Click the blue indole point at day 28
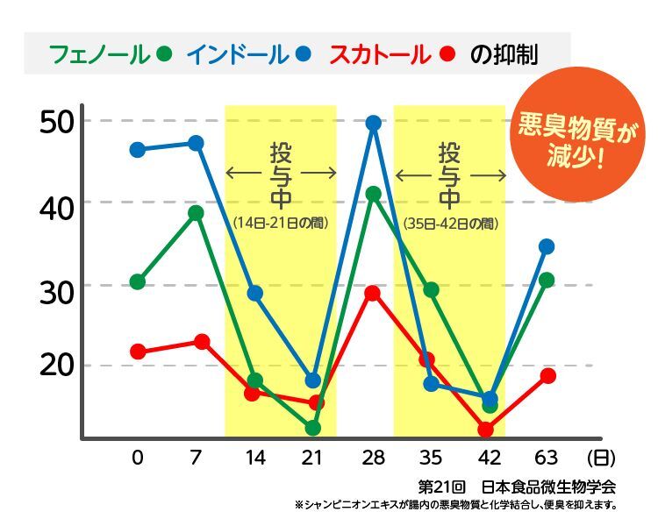tap(373, 124)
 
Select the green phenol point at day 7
tap(196, 213)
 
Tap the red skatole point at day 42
tap(486, 430)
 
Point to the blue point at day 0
tap(138, 150)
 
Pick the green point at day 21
tap(313, 428)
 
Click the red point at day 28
tap(372, 293)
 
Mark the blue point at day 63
tap(547, 246)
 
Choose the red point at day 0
tap(138, 352)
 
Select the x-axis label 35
tap(430, 458)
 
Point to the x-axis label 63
tap(547, 458)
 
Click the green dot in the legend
tap(163, 54)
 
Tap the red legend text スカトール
tap(379, 54)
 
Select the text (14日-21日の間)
tap(281, 224)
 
